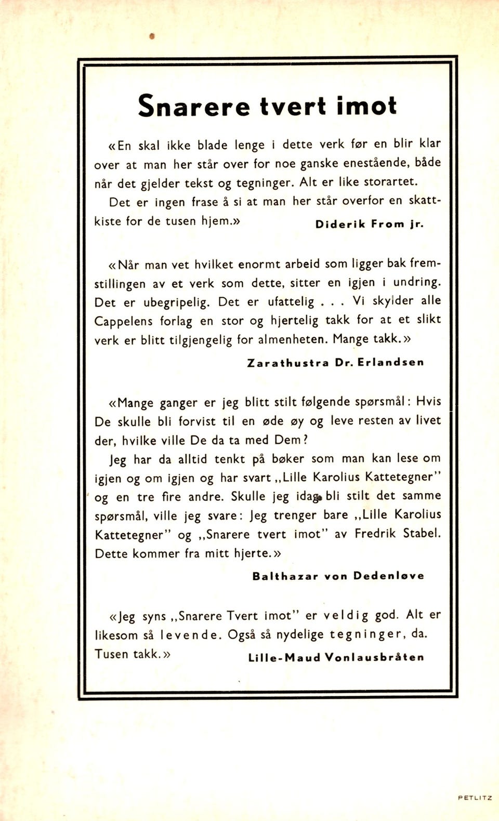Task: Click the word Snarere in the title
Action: [193, 106]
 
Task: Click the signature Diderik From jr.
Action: [370, 224]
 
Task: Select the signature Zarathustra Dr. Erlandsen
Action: [335, 363]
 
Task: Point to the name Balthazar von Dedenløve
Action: [338, 576]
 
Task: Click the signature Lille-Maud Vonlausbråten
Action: [336, 657]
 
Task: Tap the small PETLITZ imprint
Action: [475, 798]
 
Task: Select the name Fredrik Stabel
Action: [398, 534]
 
